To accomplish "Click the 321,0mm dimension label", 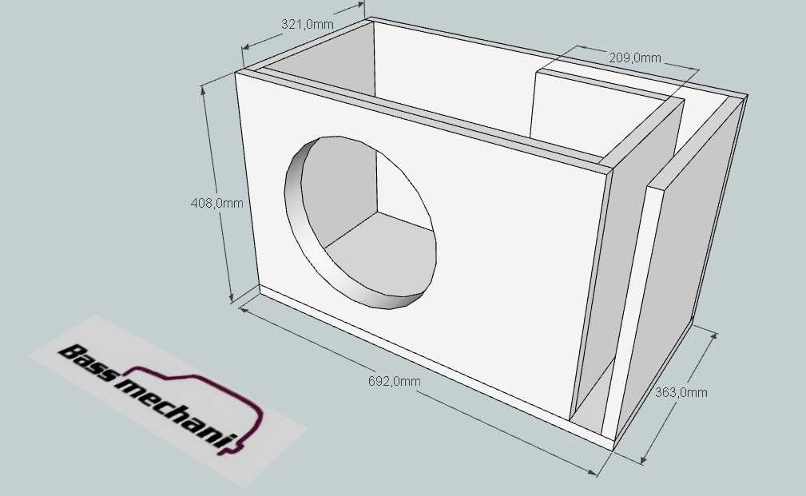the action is pyautogui.click(x=307, y=24).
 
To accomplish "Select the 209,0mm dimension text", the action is pyautogui.click(x=635, y=58).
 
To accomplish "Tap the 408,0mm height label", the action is pyautogui.click(x=217, y=203).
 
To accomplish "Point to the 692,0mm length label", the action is pyautogui.click(x=395, y=381).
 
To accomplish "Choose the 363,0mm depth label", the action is pyautogui.click(x=681, y=392).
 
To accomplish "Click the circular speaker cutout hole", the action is pyautogui.click(x=360, y=223).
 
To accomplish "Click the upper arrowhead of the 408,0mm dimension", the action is pyautogui.click(x=204, y=90).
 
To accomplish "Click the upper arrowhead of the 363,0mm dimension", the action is pyautogui.click(x=713, y=337).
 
